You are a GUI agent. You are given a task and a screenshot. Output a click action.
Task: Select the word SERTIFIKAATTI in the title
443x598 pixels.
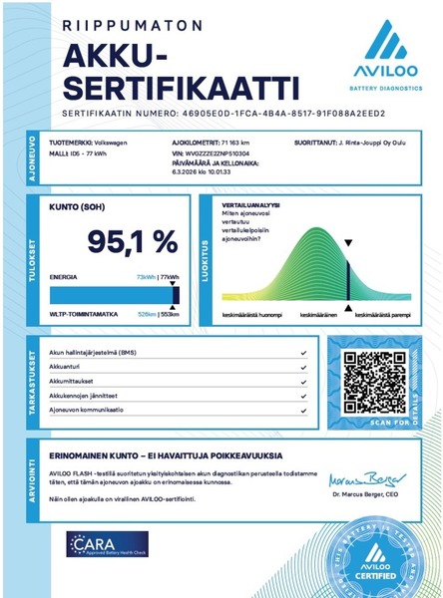(x=173, y=79)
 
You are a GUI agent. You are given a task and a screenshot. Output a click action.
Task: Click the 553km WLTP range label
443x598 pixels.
(x=170, y=314)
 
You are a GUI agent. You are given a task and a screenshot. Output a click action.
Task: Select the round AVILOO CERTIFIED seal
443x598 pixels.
(x=375, y=551)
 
